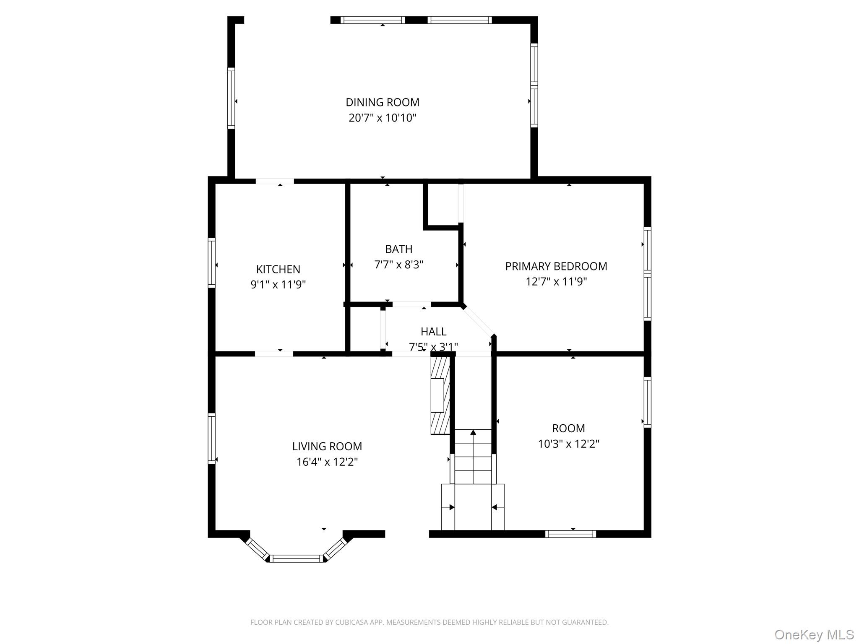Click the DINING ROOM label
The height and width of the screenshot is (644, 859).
[x=382, y=102]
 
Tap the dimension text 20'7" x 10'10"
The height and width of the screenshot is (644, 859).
[x=382, y=118]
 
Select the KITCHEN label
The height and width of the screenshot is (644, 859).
[x=278, y=269]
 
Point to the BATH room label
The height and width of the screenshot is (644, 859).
[x=398, y=249]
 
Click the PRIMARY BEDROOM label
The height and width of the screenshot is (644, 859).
[x=556, y=266]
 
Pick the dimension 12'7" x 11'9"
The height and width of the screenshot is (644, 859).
[x=556, y=282]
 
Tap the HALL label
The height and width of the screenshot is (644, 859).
[x=433, y=332]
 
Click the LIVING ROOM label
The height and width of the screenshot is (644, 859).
[x=327, y=447]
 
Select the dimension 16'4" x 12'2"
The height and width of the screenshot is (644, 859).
[x=327, y=462]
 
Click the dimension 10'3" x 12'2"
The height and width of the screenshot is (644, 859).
[x=568, y=444]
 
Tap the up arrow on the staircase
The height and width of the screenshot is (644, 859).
[x=473, y=433]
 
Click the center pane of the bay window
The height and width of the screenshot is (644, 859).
[x=297, y=558]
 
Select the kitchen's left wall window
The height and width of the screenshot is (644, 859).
[x=212, y=263]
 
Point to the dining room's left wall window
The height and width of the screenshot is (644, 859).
[x=231, y=98]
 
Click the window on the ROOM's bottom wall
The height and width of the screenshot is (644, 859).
[x=570, y=534]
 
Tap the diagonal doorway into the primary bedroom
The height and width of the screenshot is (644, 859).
[x=478, y=321]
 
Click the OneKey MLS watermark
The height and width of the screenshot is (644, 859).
[x=814, y=635]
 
